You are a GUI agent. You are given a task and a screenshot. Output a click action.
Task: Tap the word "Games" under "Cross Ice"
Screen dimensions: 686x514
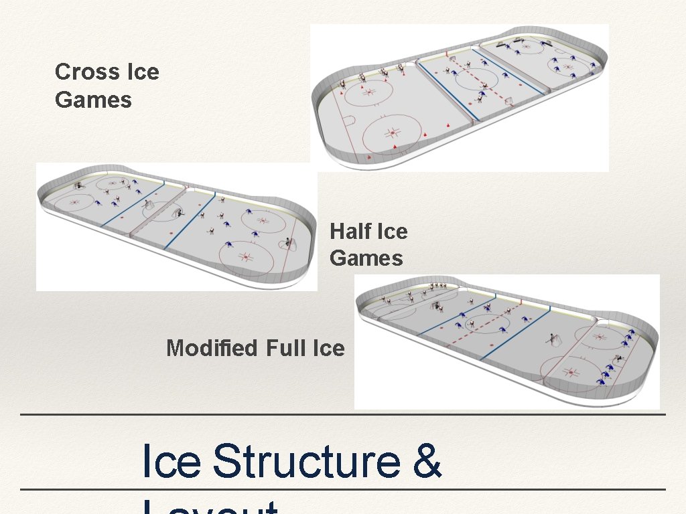(93, 100)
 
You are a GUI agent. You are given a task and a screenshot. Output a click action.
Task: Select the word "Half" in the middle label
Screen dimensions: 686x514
(351, 232)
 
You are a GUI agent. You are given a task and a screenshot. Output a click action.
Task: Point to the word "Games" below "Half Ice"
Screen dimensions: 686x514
(366, 258)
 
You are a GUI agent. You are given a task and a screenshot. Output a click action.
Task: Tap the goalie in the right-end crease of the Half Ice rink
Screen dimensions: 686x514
(289, 242)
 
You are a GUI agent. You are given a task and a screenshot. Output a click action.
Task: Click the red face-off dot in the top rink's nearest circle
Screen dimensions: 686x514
(393, 134)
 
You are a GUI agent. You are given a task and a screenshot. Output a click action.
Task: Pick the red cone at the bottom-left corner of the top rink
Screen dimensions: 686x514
(368, 158)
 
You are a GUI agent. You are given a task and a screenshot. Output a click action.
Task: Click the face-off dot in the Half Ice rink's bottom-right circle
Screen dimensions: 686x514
(245, 256)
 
